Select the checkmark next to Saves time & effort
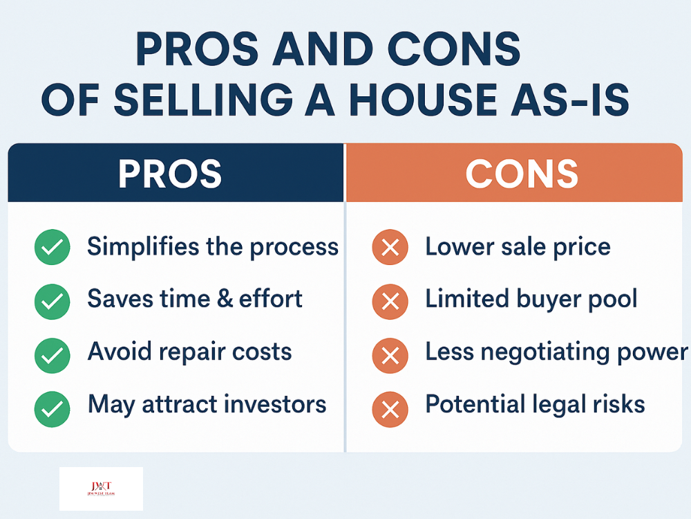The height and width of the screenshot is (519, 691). tap(52, 301)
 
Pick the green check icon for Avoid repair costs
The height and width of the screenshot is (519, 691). tap(52, 354)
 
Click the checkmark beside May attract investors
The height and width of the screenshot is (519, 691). tap(52, 407)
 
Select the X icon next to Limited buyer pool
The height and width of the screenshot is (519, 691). tap(390, 301)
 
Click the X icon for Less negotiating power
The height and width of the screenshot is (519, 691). tap(390, 354)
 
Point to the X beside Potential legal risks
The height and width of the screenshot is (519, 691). tap(390, 407)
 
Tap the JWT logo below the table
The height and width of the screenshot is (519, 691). tap(101, 489)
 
